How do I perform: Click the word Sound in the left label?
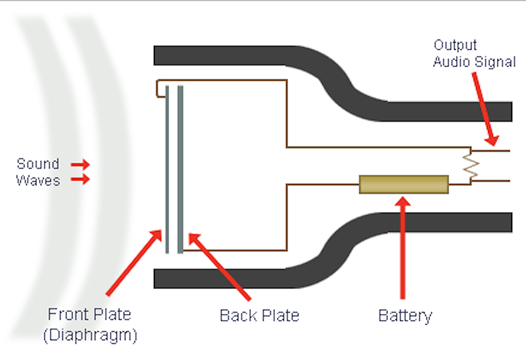click(38, 164)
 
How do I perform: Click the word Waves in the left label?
click(38, 181)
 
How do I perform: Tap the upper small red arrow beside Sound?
click(80, 164)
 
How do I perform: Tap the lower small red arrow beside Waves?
click(80, 179)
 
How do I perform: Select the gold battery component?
click(404, 185)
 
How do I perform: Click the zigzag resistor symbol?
click(471, 166)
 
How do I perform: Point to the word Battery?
click(405, 316)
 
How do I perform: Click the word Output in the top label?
click(455, 45)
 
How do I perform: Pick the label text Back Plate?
click(259, 315)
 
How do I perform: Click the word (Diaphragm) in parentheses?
click(91, 335)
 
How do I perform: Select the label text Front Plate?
click(89, 315)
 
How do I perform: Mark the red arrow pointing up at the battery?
click(402, 248)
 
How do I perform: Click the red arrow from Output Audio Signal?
click(485, 109)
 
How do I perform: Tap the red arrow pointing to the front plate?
click(134, 263)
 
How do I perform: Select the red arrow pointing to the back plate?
click(220, 267)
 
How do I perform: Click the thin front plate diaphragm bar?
click(167, 169)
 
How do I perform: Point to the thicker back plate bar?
click(180, 169)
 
